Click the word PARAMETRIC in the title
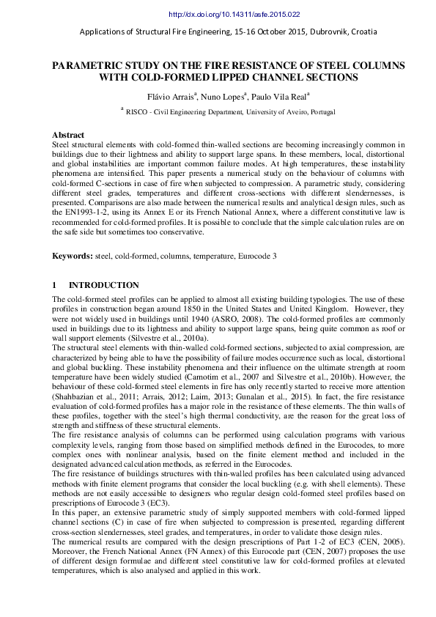coord(88,65)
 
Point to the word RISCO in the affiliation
coord(138,112)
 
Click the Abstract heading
coord(68,136)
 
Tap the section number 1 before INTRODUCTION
coord(54,285)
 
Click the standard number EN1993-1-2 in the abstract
coord(84,212)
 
